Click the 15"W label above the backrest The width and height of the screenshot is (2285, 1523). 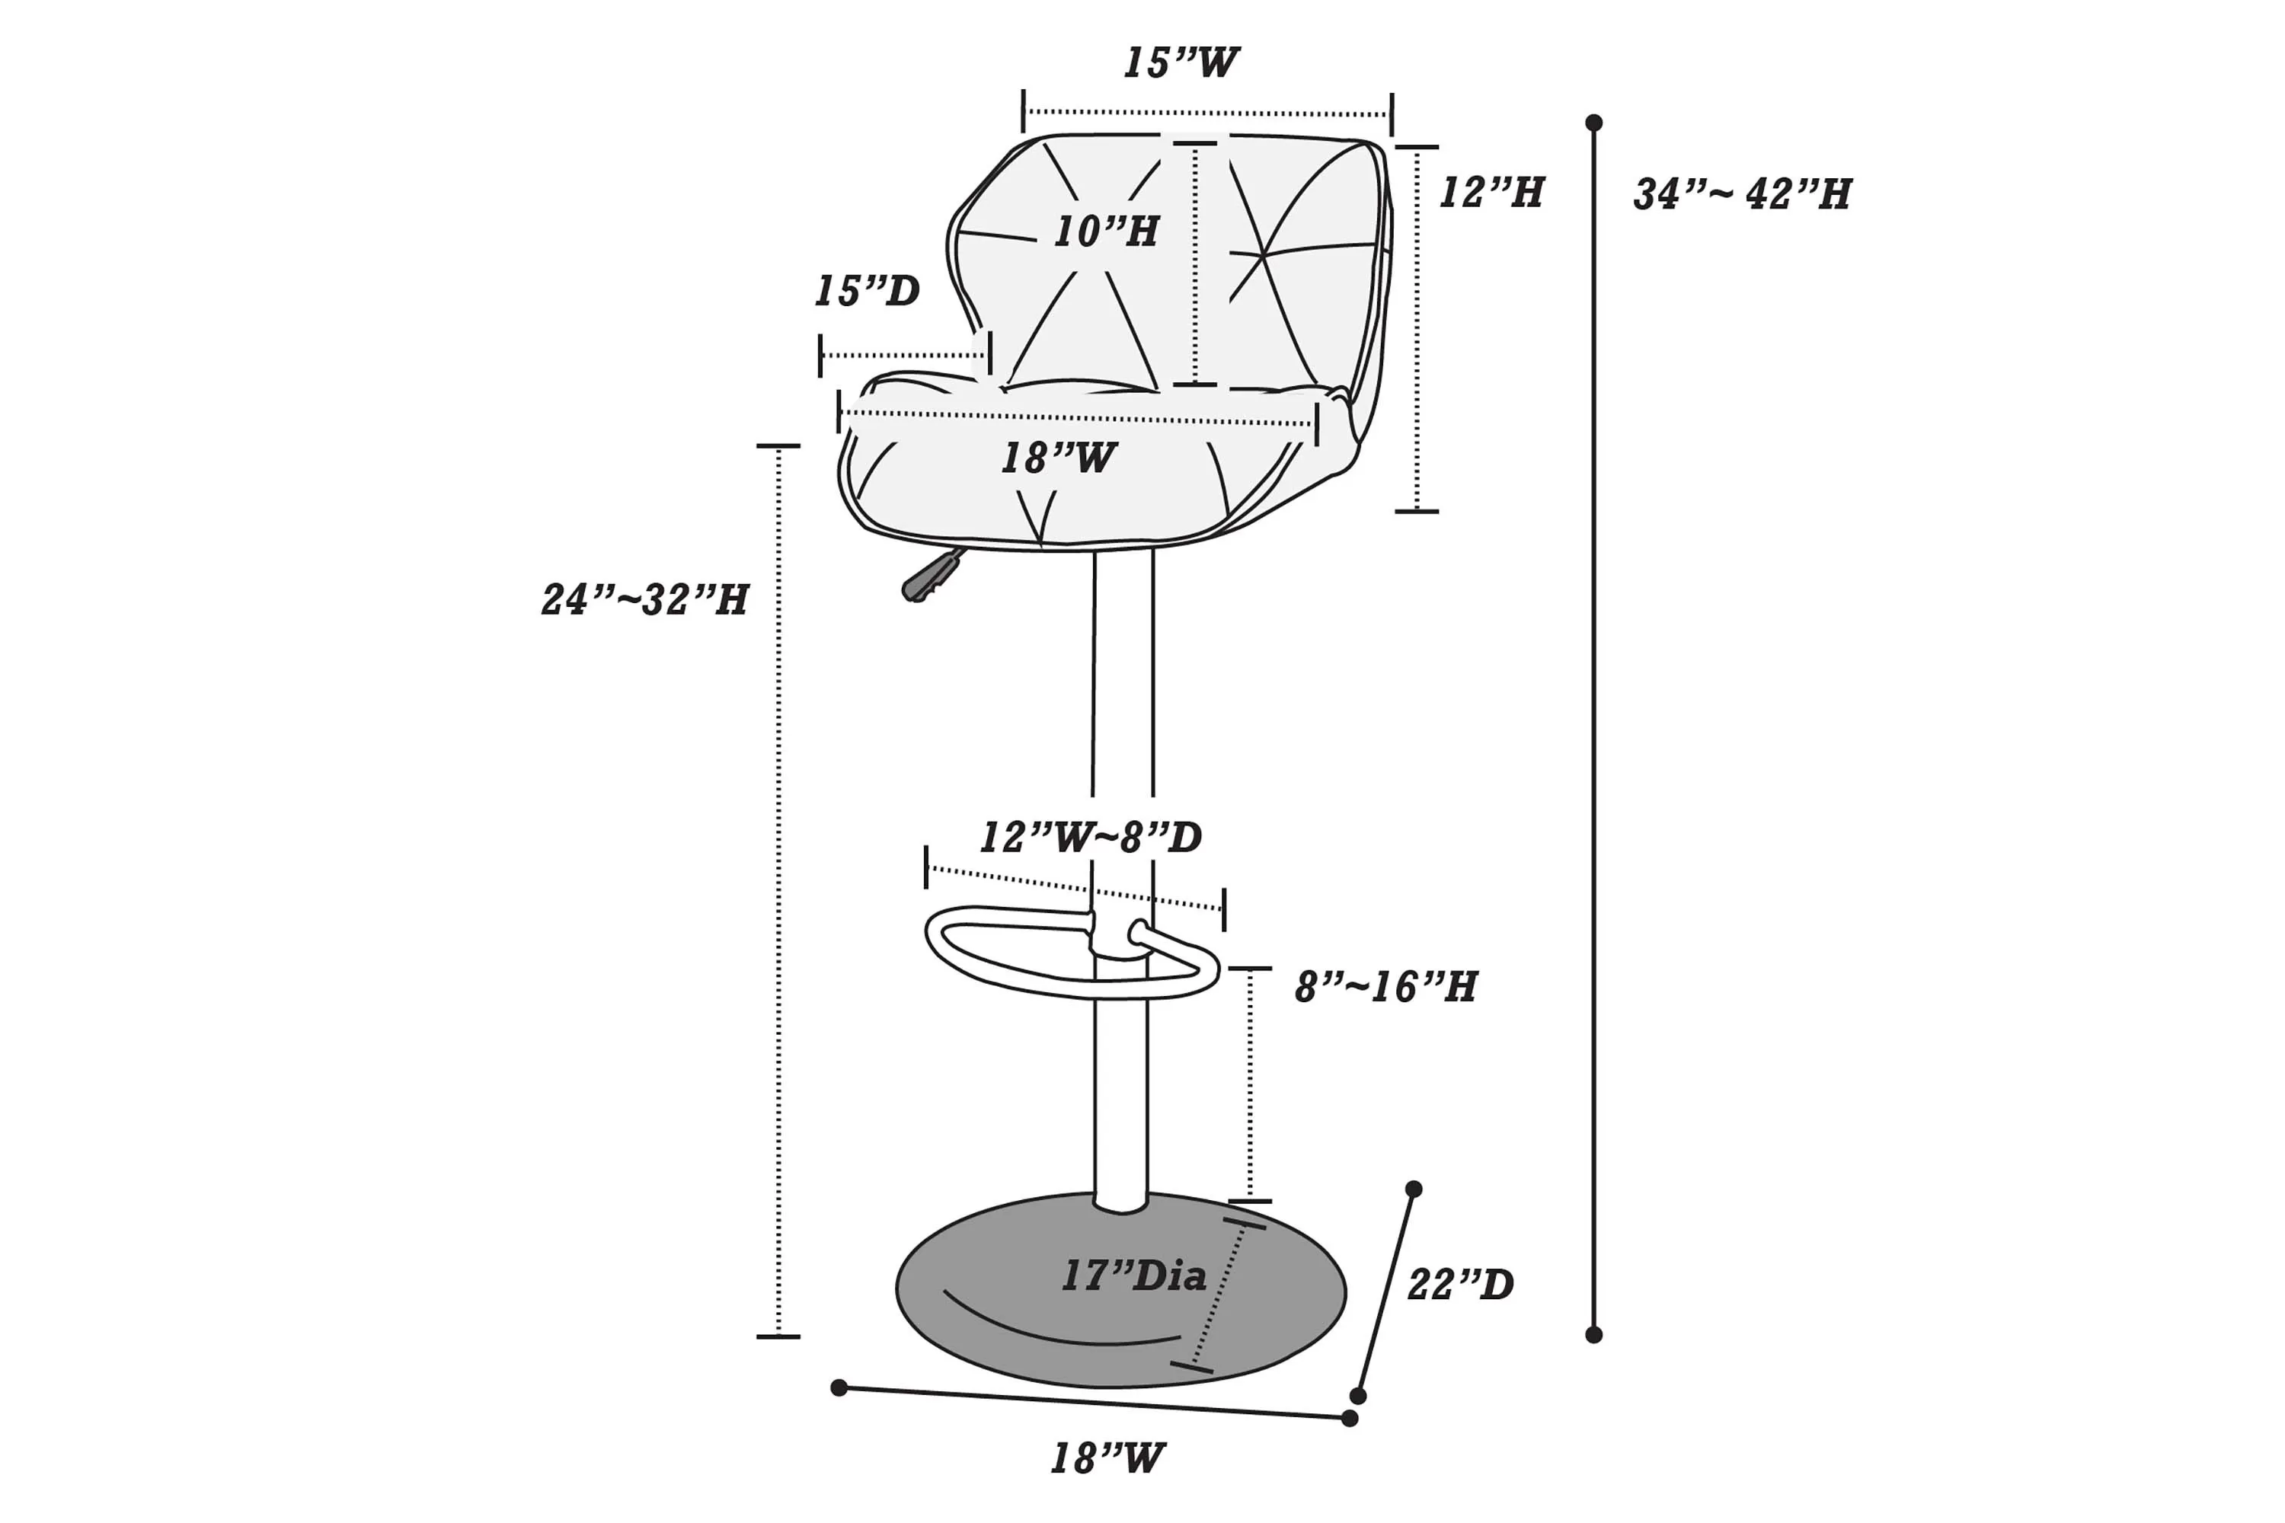click(1181, 63)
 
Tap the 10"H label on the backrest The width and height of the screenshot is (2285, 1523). click(1107, 231)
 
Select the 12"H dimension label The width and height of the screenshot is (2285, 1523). click(1491, 193)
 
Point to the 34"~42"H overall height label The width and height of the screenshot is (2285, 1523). click(1742, 194)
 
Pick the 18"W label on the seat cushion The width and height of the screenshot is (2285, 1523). click(1059, 458)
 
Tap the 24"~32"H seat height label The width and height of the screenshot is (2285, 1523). click(645, 599)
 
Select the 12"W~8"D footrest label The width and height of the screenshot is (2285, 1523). click(1091, 837)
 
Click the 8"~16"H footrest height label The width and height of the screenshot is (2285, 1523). click(1386, 987)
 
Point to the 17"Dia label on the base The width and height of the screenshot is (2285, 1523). click(1134, 1276)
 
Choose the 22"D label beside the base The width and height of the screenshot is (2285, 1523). click(1461, 1285)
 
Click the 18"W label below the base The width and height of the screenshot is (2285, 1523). click(1107, 1459)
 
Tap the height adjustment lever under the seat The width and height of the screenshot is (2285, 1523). click(932, 576)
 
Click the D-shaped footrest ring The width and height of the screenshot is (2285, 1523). click(1072, 952)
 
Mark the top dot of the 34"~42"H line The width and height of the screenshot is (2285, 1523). click(1593, 123)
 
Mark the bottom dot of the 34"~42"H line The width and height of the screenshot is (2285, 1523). click(1593, 1335)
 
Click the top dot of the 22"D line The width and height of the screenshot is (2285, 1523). click(1414, 1189)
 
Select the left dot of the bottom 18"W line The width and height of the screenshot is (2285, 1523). click(839, 1388)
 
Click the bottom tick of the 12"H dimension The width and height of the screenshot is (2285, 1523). click(1417, 511)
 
